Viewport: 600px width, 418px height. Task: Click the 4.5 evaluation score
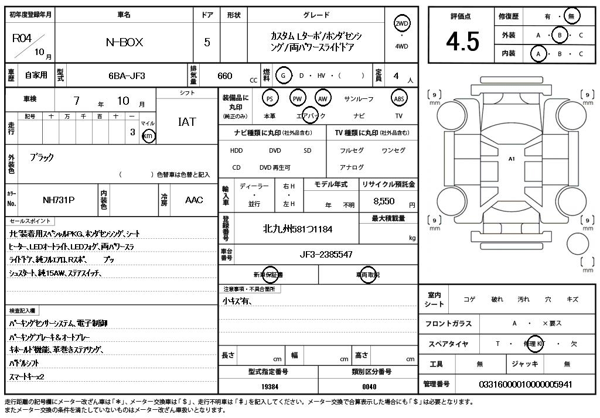point(462,42)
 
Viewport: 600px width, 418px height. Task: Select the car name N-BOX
point(124,42)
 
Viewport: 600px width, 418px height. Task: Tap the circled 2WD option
point(401,23)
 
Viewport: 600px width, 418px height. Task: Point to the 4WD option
point(401,46)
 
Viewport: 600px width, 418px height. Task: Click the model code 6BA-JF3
point(127,76)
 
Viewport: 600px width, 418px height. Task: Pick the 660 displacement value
point(224,76)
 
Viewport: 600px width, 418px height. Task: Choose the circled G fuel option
point(284,76)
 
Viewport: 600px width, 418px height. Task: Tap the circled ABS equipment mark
point(399,98)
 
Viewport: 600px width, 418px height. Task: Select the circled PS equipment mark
point(270,98)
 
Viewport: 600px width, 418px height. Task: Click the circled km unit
point(149,136)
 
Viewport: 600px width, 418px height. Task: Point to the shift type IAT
point(187,122)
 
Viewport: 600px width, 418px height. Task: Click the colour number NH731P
point(59,200)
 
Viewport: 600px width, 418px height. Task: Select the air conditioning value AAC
point(194,200)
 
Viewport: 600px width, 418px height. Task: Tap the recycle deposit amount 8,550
point(384,201)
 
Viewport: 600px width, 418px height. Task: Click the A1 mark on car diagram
point(512,159)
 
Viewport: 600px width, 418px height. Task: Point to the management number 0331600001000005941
point(526,384)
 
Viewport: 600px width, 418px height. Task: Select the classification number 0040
point(369,386)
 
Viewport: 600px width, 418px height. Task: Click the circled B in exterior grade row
point(560,35)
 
